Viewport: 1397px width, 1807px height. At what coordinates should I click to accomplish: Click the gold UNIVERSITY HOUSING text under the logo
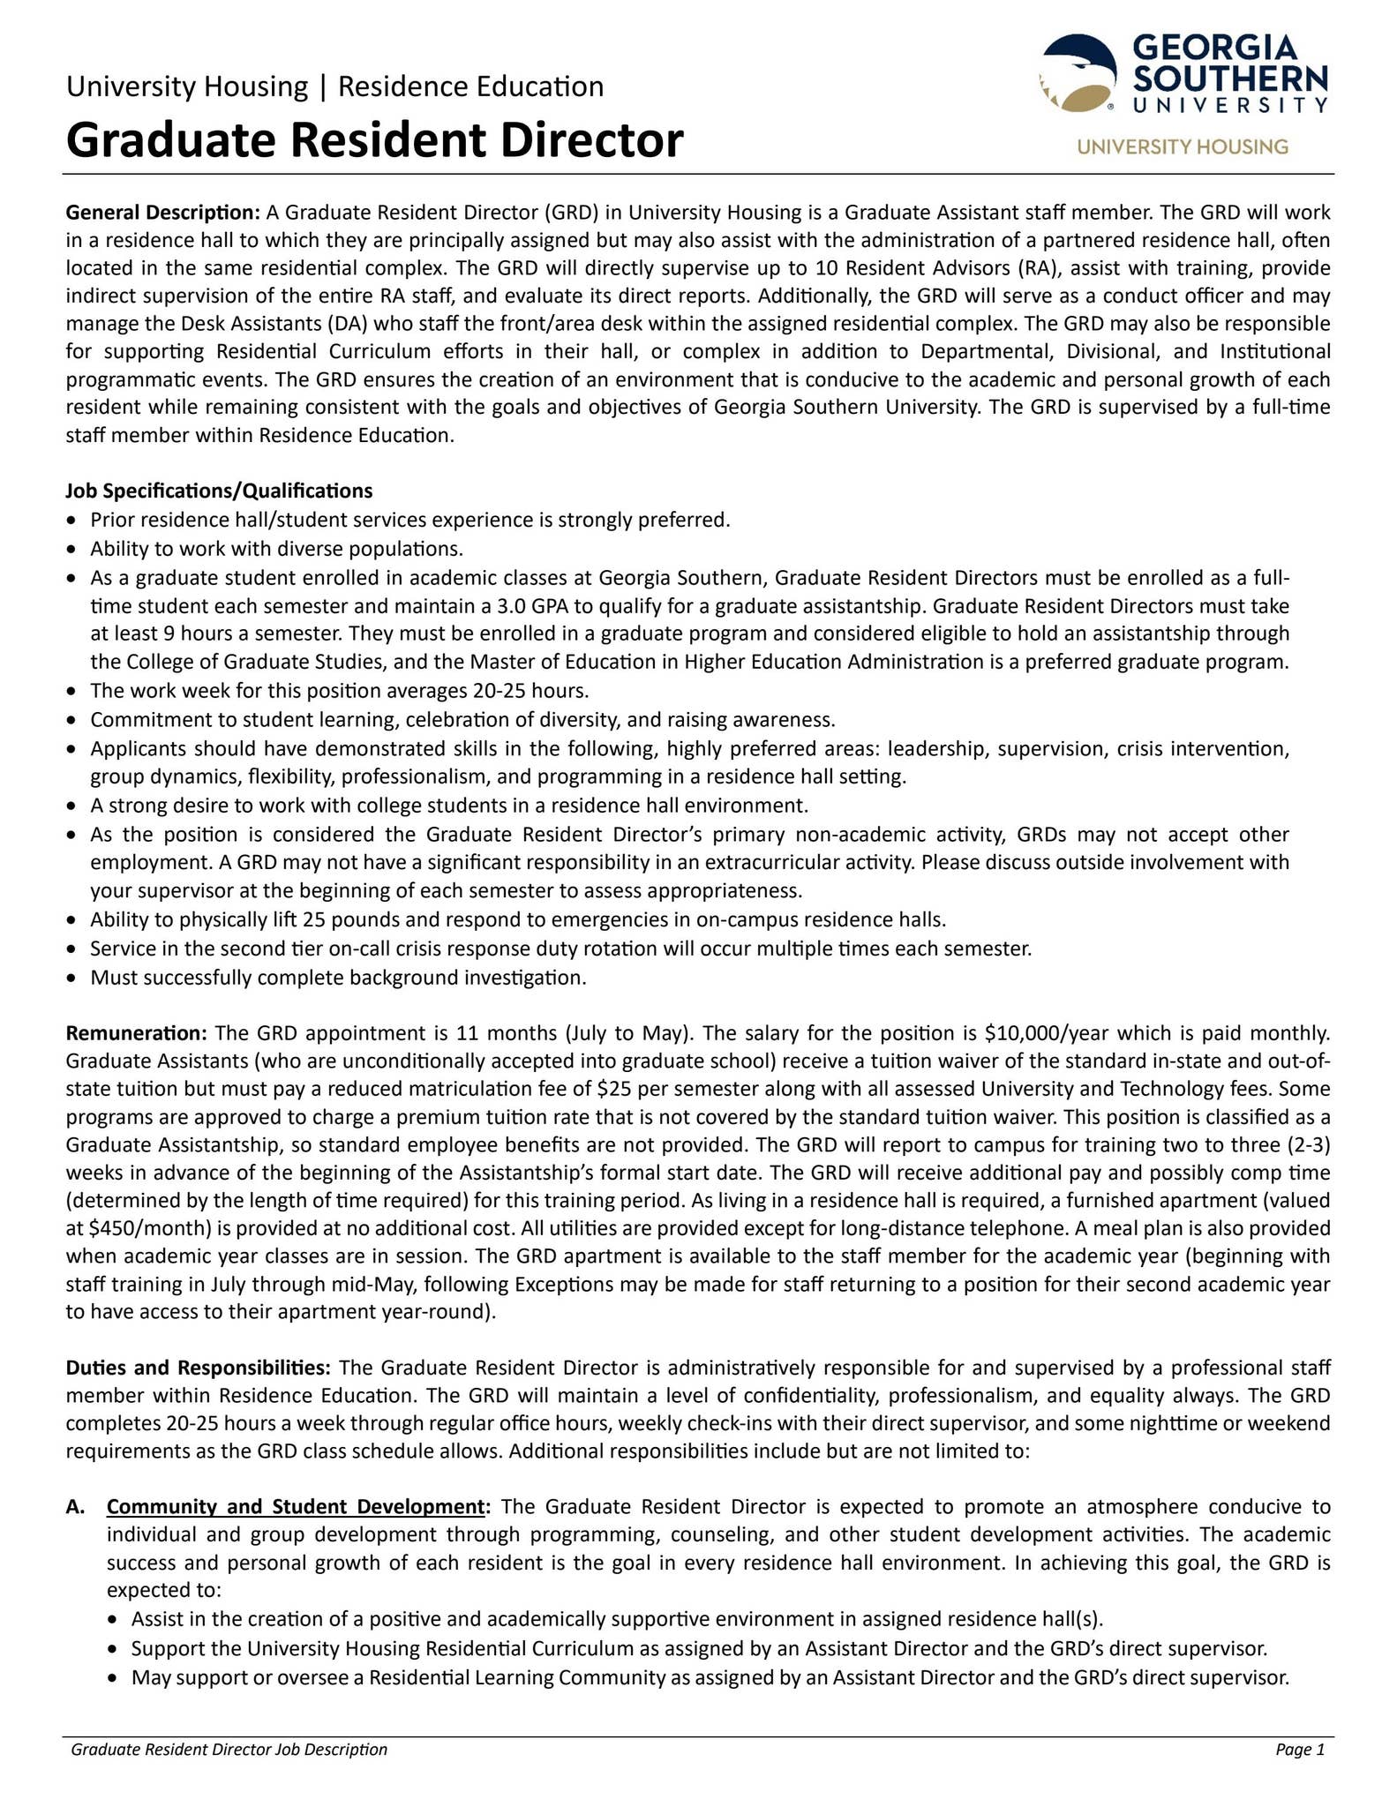pyautogui.click(x=1182, y=146)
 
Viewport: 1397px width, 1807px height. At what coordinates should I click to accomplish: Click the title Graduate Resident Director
pyautogui.click(x=374, y=140)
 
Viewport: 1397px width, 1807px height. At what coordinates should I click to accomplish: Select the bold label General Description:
pyautogui.click(x=162, y=213)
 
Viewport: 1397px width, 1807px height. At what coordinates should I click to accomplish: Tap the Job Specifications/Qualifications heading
pyautogui.click(x=219, y=491)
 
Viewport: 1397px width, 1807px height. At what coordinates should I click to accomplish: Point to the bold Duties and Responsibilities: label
pyautogui.click(x=198, y=1368)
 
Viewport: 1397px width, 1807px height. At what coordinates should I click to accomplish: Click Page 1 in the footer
pyautogui.click(x=1300, y=1750)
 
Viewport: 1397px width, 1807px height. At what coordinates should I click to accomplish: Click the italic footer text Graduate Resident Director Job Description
pyautogui.click(x=229, y=1750)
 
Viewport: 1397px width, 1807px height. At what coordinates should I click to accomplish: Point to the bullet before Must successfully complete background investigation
pyautogui.click(x=73, y=978)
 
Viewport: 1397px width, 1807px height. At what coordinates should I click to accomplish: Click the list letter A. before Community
pyautogui.click(x=75, y=1507)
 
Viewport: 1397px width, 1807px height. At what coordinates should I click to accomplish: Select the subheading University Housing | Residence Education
pyautogui.click(x=334, y=86)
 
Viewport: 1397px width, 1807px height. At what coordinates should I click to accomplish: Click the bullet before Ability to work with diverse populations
pyautogui.click(x=73, y=550)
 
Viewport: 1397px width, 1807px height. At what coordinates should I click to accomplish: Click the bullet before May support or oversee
pyautogui.click(x=112, y=1678)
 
